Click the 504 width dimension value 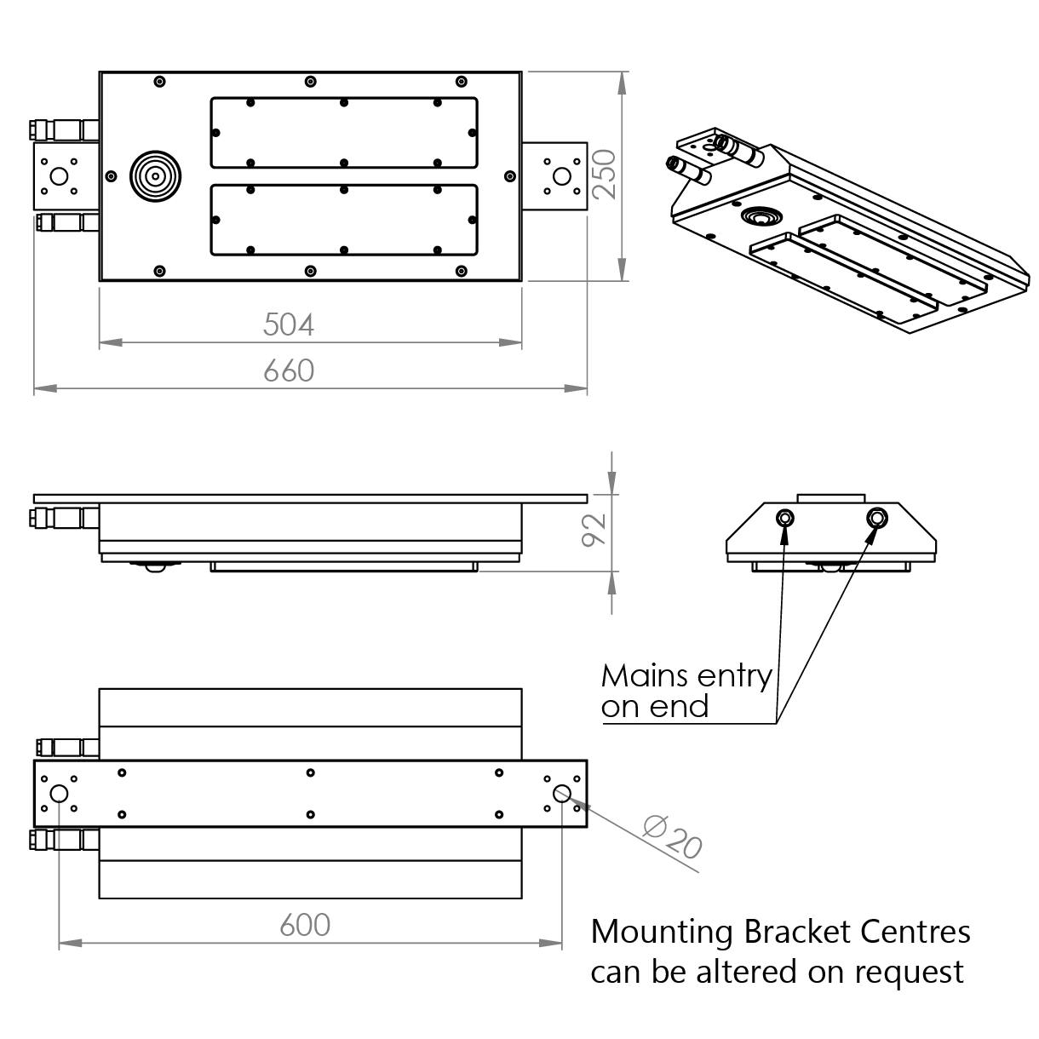tap(289, 324)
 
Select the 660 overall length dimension tap(289, 370)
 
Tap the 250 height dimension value tap(603, 175)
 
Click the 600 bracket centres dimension tap(305, 924)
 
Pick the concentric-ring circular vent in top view tap(155, 176)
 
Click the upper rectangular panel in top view tap(343, 132)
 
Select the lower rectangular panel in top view tap(343, 220)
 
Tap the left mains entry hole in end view tap(785, 518)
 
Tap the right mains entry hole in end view tap(875, 518)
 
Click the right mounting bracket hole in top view tap(561, 176)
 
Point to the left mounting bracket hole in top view tap(59, 176)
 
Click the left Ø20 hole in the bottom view tap(59, 794)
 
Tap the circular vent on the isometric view tap(757, 215)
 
